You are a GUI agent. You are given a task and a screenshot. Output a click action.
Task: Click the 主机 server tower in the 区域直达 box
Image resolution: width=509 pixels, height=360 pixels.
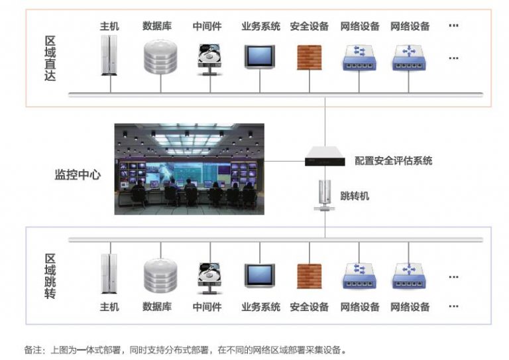(109, 55)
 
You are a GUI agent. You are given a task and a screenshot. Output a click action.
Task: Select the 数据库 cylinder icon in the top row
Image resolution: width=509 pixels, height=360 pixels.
(160, 57)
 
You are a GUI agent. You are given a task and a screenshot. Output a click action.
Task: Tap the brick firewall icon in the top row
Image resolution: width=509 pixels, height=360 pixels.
(310, 58)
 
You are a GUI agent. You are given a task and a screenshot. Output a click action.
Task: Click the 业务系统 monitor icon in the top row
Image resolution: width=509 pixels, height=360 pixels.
(260, 57)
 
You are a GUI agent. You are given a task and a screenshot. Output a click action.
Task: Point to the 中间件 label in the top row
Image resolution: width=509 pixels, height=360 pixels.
(207, 26)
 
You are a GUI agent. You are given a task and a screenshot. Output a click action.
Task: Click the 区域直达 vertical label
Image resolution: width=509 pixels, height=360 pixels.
(50, 58)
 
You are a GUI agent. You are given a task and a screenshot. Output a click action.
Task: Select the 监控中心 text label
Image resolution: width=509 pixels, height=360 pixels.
(78, 174)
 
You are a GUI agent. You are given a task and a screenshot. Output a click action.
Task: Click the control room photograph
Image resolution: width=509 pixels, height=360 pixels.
(190, 169)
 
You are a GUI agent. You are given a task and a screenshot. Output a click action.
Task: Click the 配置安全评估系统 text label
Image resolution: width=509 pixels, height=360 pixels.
(394, 160)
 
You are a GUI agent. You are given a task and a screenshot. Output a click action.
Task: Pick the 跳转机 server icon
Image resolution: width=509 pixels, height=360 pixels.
(325, 195)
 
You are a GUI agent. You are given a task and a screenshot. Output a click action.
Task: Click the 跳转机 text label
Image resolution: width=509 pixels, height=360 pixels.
(355, 196)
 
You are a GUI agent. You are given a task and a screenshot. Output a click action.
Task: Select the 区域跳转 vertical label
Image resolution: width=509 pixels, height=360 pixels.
(50, 276)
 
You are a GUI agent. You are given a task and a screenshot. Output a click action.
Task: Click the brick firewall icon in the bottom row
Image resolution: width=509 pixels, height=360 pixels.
(310, 276)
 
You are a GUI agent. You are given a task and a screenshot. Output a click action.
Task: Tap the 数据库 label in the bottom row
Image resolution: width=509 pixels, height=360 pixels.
(157, 306)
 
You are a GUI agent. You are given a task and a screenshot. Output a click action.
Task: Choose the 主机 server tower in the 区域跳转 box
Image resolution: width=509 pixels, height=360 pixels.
(109, 274)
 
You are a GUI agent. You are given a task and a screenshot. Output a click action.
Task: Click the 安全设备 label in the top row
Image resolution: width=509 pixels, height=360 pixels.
(310, 26)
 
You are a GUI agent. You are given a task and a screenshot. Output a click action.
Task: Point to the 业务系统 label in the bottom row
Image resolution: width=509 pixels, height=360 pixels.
(260, 306)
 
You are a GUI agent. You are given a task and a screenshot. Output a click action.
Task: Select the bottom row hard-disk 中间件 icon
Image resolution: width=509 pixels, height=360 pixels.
(209, 278)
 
